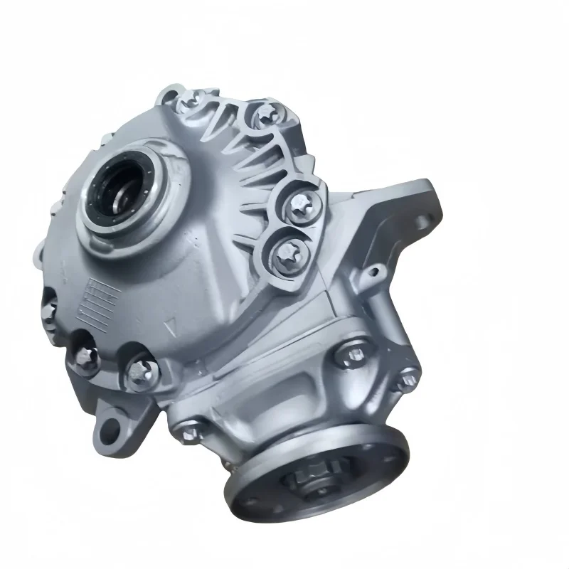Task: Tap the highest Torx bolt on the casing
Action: [x=187, y=102]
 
